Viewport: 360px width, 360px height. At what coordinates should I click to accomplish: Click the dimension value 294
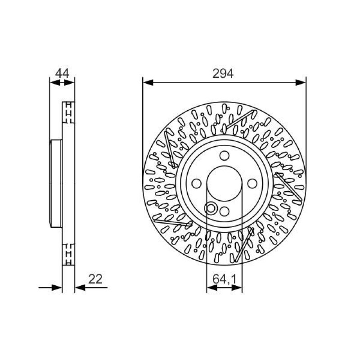223,73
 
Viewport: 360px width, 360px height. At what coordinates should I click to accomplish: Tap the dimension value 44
62,73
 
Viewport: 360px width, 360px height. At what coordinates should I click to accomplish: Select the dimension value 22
95,279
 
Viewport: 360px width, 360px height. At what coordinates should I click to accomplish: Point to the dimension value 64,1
224,279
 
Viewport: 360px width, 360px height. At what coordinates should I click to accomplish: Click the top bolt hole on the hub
224,156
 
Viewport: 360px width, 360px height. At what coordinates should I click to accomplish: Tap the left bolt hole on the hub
197,184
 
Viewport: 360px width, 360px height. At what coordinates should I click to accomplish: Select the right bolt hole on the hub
252,184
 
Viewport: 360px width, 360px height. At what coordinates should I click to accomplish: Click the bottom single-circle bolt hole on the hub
224,211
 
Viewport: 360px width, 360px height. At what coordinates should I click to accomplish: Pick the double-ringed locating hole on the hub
211,208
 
